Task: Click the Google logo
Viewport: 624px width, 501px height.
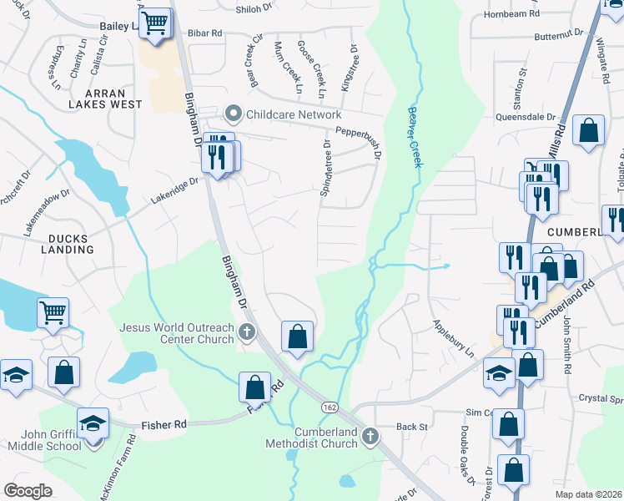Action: pos(28,490)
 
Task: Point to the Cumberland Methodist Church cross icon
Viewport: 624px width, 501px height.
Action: pos(372,435)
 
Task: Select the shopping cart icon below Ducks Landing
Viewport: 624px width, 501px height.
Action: pos(53,313)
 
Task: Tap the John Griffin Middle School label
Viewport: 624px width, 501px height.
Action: pos(41,439)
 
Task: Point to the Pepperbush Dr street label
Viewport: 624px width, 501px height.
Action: pos(358,132)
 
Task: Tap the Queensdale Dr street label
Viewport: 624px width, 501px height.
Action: pos(526,118)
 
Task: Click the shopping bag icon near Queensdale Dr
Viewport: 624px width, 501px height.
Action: pos(589,130)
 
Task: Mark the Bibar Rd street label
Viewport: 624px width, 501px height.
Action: pos(204,33)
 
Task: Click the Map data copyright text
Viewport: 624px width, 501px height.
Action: pos(588,494)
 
